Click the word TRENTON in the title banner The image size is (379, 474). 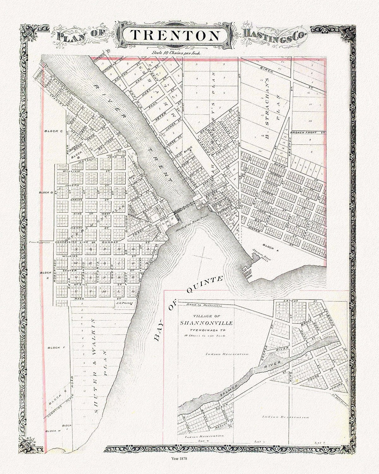(x=175, y=35)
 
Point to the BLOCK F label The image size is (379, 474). (x=56, y=348)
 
